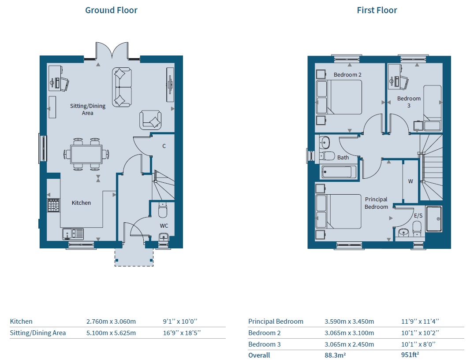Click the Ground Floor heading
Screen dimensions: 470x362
point(111,10)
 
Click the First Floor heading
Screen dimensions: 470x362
point(377,10)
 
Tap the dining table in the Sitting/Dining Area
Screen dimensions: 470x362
point(86,154)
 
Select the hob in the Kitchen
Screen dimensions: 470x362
point(54,205)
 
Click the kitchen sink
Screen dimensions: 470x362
point(73,234)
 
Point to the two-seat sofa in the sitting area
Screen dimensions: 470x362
point(122,87)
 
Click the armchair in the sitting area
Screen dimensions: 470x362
point(150,120)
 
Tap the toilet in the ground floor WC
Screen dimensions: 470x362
point(162,210)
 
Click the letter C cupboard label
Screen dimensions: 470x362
point(164,146)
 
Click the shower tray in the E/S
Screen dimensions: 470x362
point(434,218)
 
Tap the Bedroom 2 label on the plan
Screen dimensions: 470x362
point(347,74)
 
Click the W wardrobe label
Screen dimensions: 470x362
point(410,181)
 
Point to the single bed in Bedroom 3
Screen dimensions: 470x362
point(432,108)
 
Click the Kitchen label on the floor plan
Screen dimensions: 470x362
point(81,203)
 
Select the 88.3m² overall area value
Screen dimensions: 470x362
point(335,355)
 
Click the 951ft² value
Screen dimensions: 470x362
point(410,355)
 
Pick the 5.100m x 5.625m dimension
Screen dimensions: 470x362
point(111,332)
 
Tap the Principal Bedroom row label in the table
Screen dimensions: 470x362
point(276,321)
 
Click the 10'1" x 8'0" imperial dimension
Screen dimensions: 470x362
point(418,344)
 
